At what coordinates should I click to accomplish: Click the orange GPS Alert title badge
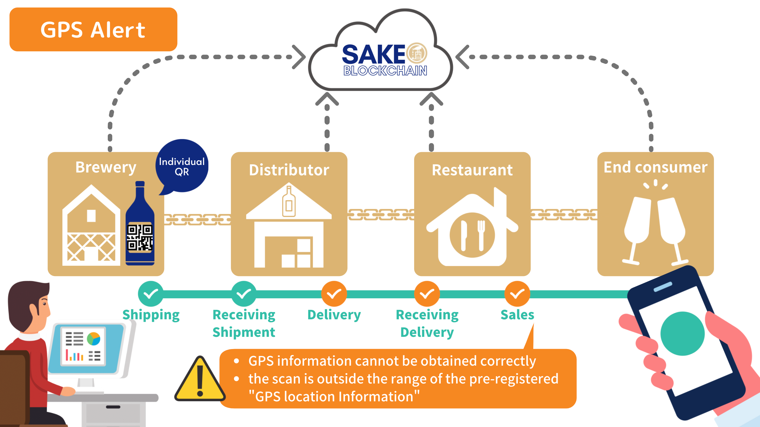tap(93, 29)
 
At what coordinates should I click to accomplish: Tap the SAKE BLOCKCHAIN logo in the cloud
tap(385, 59)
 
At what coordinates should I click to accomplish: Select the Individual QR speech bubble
tap(182, 166)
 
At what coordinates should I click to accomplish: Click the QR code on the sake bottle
tap(140, 237)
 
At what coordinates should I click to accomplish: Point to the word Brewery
tap(106, 167)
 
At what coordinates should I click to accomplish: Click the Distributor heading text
tap(289, 170)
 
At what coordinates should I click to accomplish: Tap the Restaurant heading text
tap(472, 170)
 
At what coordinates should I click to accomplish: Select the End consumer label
tap(655, 167)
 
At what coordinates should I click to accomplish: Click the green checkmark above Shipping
tap(151, 294)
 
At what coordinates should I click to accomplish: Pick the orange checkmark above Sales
tap(517, 294)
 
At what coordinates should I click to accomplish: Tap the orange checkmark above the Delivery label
tap(334, 294)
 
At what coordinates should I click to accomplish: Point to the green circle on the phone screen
tap(682, 333)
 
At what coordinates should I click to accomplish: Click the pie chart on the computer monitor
tap(93, 339)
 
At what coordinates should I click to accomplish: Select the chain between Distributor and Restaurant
tap(381, 215)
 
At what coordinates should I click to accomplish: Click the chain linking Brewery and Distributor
tap(197, 219)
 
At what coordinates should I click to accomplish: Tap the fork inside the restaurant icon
tap(481, 235)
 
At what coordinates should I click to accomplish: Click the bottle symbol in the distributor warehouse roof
tap(289, 202)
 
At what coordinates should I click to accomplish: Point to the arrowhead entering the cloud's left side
tap(299, 57)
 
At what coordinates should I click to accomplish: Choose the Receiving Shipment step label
tap(244, 323)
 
